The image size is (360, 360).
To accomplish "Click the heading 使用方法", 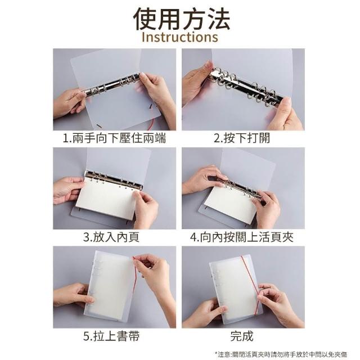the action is [x=181, y=19].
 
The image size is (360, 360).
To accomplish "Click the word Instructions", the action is [x=180, y=37].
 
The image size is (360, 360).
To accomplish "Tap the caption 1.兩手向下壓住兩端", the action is [x=114, y=138].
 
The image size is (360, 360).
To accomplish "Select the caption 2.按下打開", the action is [x=242, y=138].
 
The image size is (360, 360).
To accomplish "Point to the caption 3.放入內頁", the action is [x=111, y=237].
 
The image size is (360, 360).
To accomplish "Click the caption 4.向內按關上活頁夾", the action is [x=242, y=237].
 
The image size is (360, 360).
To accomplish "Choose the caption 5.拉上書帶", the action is [x=111, y=336].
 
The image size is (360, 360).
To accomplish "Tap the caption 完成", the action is [x=242, y=336].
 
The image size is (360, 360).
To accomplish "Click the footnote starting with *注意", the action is [x=281, y=354].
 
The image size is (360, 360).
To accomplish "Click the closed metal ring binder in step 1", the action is [x=111, y=85].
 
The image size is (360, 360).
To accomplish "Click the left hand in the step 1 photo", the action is [x=69, y=103].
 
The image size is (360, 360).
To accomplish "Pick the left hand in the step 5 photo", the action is [x=74, y=296].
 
